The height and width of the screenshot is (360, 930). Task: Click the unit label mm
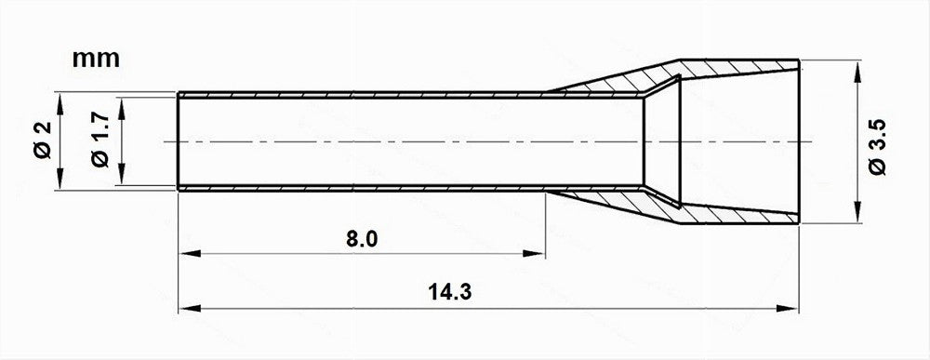tap(96, 59)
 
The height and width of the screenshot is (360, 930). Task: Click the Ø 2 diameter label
tap(44, 140)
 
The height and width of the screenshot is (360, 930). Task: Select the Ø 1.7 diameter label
tap(100, 140)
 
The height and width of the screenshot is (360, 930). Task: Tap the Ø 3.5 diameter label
tap(878, 146)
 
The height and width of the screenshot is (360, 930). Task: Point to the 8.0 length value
tap(362, 239)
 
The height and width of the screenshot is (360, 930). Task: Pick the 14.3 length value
tap(449, 292)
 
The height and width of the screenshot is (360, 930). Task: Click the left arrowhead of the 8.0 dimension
tap(189, 254)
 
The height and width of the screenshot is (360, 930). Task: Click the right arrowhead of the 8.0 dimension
tap(534, 254)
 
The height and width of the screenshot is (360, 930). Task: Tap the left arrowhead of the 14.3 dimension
tap(189, 309)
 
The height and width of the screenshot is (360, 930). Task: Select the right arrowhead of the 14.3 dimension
tap(788, 309)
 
